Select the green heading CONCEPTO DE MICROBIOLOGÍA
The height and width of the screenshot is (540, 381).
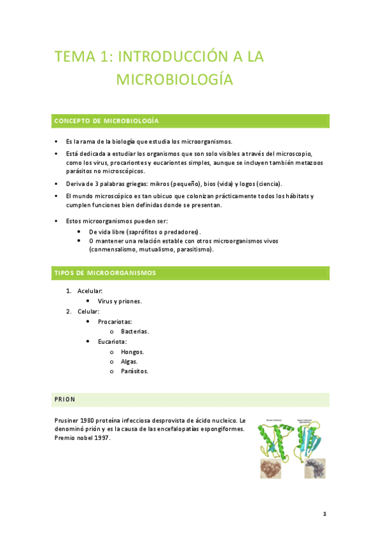pos(107,120)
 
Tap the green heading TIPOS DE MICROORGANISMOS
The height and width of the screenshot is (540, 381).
pos(106,273)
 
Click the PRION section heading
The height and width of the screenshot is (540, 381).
pos(65,399)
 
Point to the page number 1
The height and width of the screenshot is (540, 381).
pos(324,514)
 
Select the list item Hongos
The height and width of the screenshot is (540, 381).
pos(132,352)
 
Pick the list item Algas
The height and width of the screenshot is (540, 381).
pos(129,361)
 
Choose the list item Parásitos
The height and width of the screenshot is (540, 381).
pos(134,371)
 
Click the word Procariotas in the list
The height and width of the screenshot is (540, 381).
pos(115,322)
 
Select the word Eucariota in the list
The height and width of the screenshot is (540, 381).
pos(112,341)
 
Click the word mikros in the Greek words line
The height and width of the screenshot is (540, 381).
pos(158,183)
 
